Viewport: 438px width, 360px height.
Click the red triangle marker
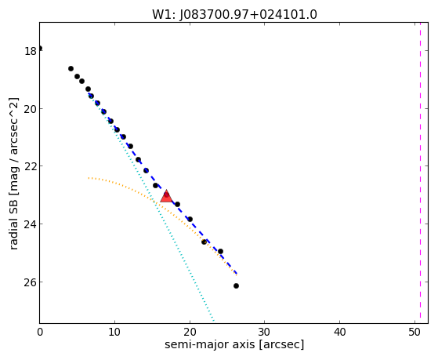tap(166, 196)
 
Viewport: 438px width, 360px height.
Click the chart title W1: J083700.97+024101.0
tap(234, 15)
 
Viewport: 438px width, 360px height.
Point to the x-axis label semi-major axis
tap(209, 344)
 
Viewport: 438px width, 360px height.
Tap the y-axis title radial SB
tap(13, 216)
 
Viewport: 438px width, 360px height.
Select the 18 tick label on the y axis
tap(31, 51)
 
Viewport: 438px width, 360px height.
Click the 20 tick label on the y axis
tap(31, 109)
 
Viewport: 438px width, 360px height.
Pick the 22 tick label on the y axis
tap(31, 166)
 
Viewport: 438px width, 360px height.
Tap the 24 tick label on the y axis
tap(31, 224)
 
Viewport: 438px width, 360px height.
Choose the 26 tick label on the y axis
tap(31, 282)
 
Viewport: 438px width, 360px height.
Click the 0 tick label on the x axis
tap(40, 332)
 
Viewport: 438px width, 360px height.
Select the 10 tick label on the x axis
tap(114, 332)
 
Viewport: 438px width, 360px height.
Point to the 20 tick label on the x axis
tap(190, 332)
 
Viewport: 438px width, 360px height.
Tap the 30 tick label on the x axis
tap(265, 332)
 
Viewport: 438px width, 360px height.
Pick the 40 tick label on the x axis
tap(339, 332)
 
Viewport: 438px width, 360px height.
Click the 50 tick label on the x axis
tap(414, 332)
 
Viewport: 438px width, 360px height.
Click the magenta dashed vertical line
tap(420, 173)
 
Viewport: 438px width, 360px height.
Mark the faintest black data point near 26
tap(236, 285)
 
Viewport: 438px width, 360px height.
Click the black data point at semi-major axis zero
tap(40, 49)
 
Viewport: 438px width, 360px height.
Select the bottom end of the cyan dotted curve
tap(214, 321)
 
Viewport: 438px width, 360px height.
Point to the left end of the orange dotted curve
tap(89, 177)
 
